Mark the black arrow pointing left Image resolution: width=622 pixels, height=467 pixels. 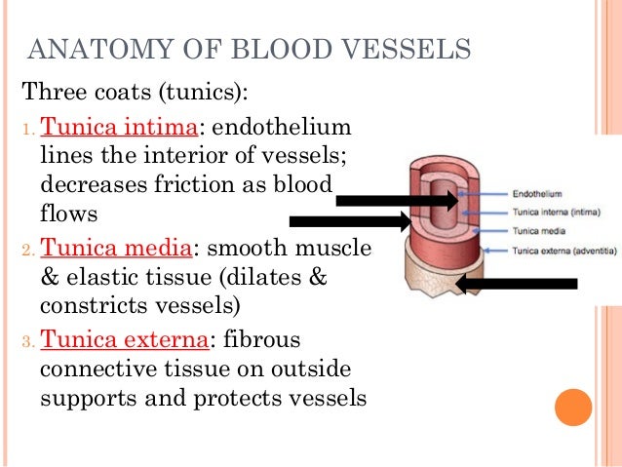click(517, 284)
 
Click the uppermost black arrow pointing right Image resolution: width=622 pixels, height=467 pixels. click(396, 201)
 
